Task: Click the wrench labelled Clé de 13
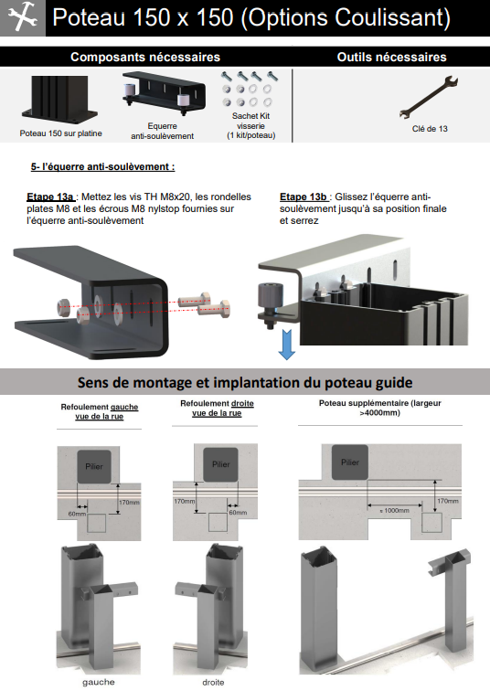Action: [429, 98]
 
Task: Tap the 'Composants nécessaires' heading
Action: [145, 57]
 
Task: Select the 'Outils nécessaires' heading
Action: [392, 57]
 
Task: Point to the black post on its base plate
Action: [59, 99]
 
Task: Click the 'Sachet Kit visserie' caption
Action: [251, 125]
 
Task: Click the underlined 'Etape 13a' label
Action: [50, 197]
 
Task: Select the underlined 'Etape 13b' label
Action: [304, 197]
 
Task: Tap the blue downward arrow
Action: [287, 345]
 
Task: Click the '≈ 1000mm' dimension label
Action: [394, 510]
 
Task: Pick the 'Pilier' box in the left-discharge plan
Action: [94, 466]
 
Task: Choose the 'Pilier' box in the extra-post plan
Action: [350, 462]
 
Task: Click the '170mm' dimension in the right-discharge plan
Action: [184, 502]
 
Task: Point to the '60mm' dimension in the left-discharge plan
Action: [77, 514]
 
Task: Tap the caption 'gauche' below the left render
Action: [98, 682]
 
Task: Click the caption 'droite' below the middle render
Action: [213, 682]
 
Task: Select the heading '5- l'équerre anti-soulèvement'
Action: [102, 167]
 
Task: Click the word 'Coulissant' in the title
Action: [392, 18]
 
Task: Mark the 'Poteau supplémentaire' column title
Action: [379, 408]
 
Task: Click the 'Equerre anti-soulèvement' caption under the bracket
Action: [162, 131]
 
